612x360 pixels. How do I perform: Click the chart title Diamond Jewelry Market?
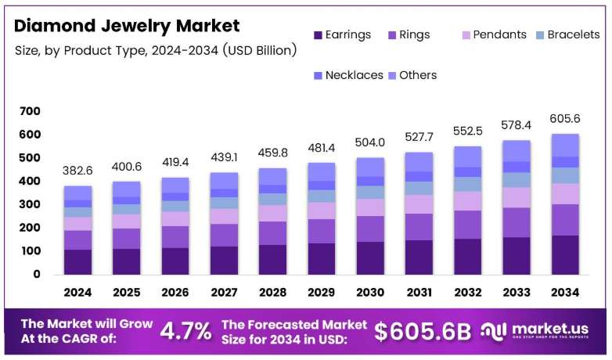[127, 26]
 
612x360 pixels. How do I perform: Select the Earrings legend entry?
[342, 34]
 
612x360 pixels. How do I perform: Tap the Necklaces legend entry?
[348, 75]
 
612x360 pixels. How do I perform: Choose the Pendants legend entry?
[494, 34]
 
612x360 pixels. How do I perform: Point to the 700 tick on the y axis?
[30, 111]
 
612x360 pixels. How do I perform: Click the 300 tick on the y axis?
[30, 204]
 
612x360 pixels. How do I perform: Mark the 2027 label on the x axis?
[224, 292]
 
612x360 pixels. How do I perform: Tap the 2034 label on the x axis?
[565, 292]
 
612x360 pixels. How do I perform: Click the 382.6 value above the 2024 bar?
[77, 171]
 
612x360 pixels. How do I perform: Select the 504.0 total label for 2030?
[370, 142]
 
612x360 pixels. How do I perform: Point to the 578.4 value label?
[517, 125]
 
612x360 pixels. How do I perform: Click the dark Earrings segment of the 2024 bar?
[78, 262]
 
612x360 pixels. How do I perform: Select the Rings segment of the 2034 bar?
[565, 220]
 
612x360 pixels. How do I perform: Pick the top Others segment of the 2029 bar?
[322, 172]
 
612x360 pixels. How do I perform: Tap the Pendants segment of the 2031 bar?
[419, 204]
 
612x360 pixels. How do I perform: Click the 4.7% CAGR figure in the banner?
[185, 331]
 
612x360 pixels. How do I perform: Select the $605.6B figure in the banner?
[423, 332]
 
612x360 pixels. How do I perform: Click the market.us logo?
[535, 331]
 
